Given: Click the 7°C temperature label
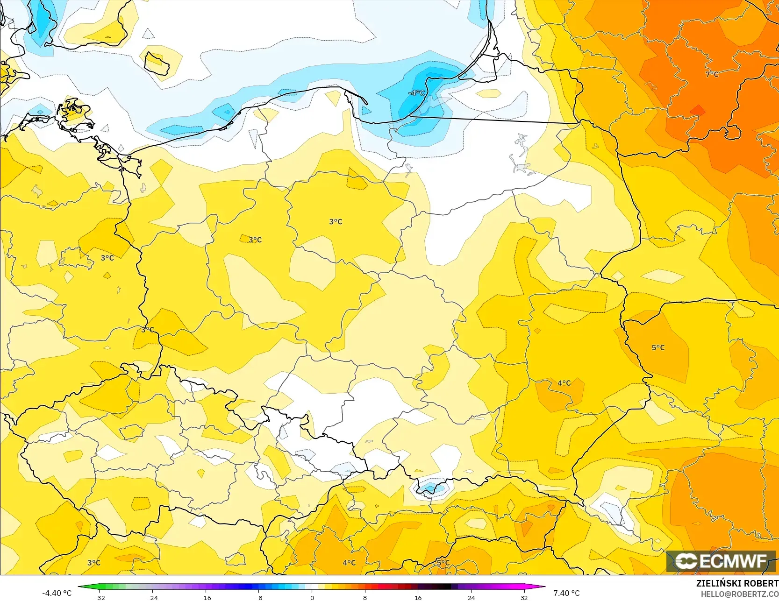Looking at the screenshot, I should point(712,74).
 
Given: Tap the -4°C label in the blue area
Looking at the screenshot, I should point(416,93).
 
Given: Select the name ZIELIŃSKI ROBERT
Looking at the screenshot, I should point(737,583).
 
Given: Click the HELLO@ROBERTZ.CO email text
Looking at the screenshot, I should point(739,594).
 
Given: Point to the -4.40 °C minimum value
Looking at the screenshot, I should point(57,593).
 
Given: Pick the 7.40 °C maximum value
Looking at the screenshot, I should point(566,593).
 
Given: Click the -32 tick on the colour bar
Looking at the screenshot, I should point(99,597).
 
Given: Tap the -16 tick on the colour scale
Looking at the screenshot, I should point(206,597).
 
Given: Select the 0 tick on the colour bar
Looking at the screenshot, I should point(312,597).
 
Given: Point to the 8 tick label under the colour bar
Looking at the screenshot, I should point(365,597).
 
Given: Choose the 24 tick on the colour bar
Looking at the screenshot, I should point(471,597).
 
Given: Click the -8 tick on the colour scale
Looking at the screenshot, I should point(259,597).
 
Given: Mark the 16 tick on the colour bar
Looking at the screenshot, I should point(418,597).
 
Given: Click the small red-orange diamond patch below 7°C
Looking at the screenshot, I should point(697,110).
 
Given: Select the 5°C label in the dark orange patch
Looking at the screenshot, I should point(658,347).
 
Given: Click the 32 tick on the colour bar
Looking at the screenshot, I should point(524,597).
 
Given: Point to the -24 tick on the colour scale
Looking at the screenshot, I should point(152,597).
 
